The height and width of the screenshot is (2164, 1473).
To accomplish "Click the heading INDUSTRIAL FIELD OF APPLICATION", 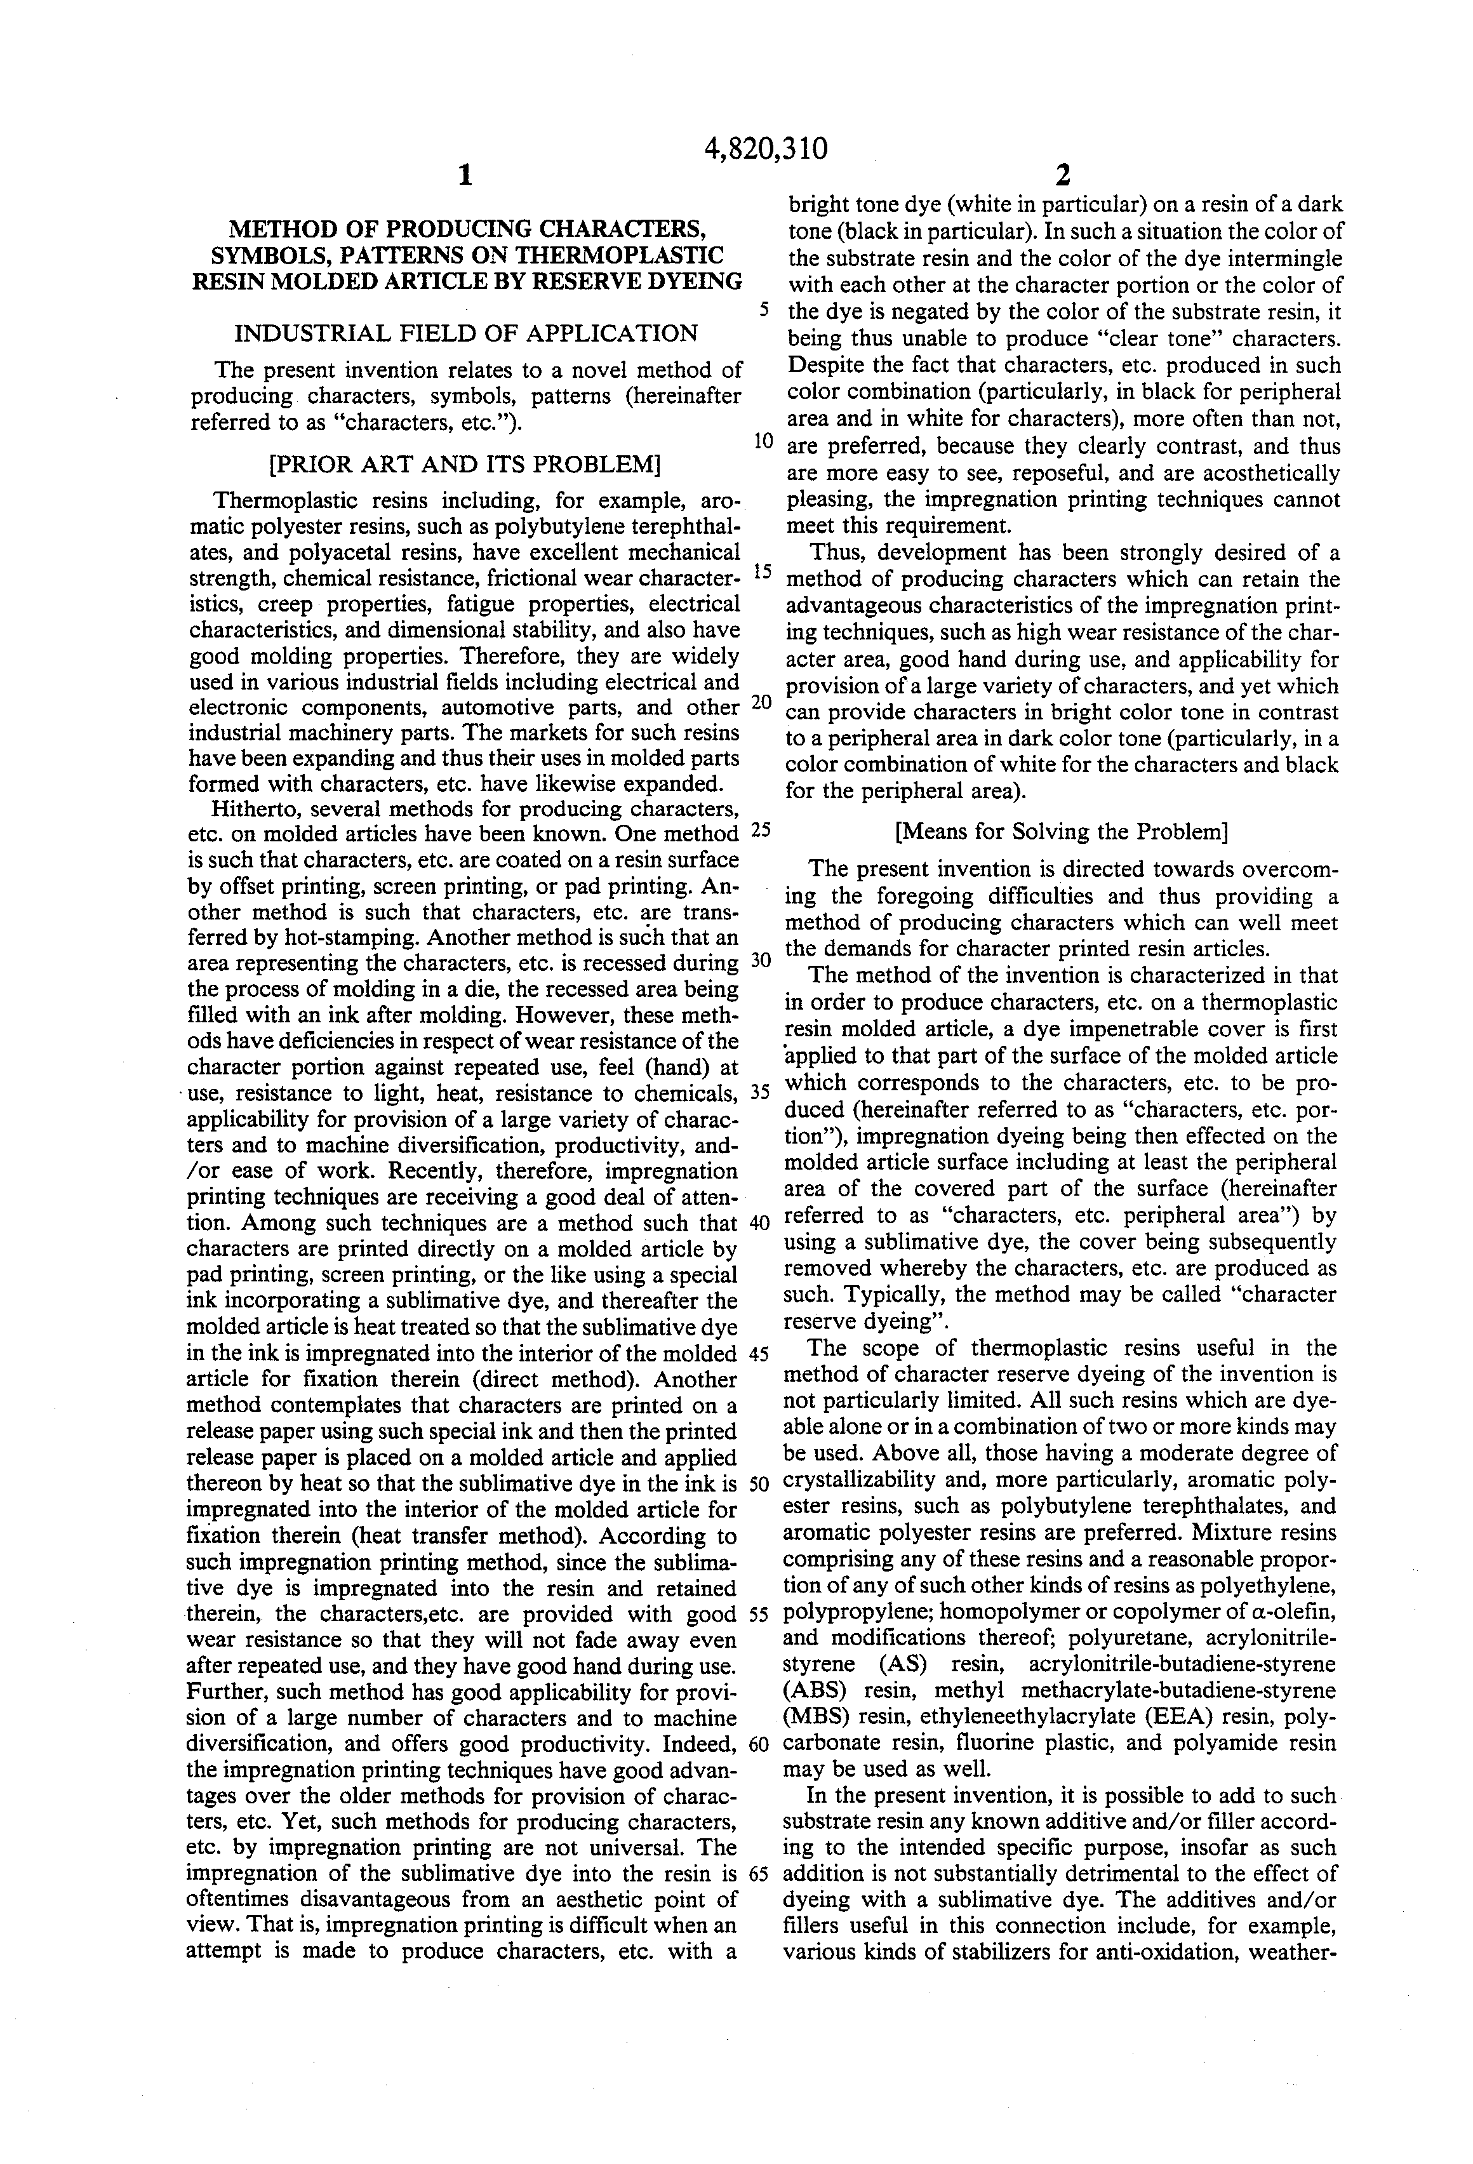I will (465, 333).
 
